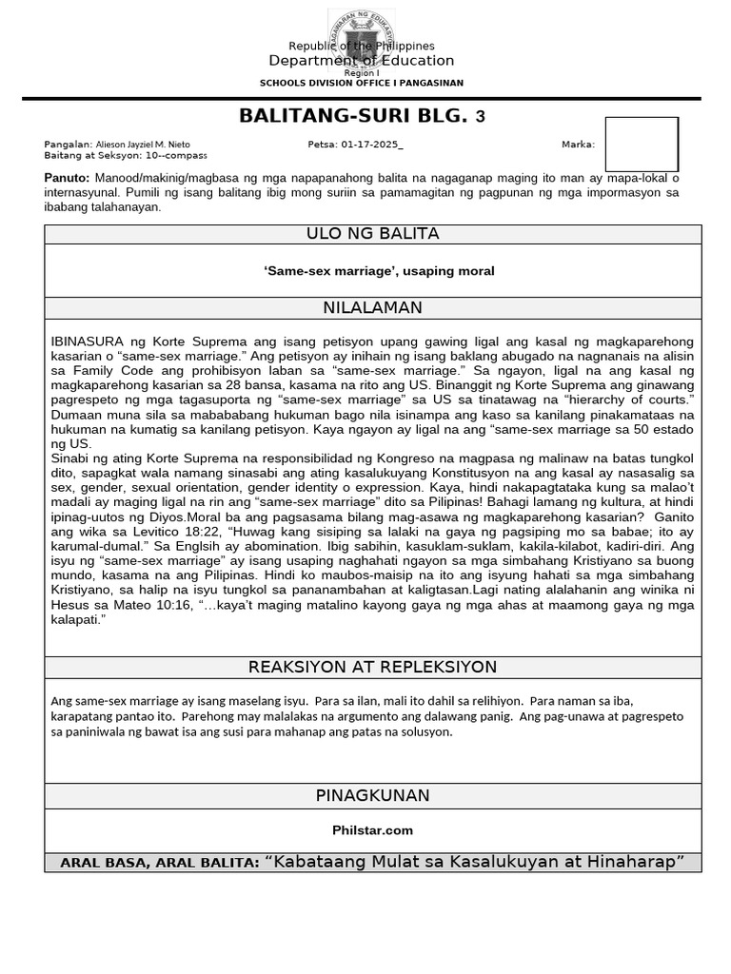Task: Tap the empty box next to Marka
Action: tap(642, 145)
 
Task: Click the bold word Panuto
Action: tap(67, 178)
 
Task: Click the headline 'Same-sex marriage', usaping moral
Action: tap(379, 271)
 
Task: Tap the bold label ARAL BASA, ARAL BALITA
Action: tap(159, 863)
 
